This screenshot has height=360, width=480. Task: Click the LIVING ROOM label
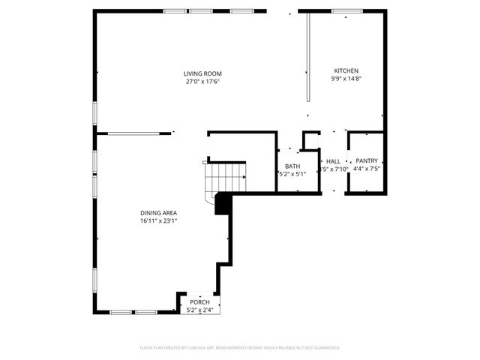tap(202, 73)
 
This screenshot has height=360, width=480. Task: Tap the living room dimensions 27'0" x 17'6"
tap(202, 82)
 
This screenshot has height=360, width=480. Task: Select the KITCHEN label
tap(346, 70)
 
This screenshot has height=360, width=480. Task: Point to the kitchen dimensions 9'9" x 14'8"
tap(346, 79)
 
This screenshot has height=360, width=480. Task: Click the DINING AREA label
tap(158, 213)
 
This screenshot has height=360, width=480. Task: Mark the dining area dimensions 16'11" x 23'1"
tap(158, 221)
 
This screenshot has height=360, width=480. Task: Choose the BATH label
tap(292, 166)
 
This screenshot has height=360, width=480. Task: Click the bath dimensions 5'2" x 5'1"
tap(292, 174)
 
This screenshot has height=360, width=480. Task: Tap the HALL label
tap(333, 161)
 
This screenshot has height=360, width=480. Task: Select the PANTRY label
tap(367, 160)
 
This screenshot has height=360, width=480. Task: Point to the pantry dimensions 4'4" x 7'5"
tap(367, 169)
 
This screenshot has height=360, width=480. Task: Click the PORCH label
tap(199, 301)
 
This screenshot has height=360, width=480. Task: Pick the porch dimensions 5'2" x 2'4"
tap(199, 310)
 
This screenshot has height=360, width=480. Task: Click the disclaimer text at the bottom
tap(240, 348)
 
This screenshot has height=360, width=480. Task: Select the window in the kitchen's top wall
tap(347, 11)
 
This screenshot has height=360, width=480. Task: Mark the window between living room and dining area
tap(133, 133)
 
